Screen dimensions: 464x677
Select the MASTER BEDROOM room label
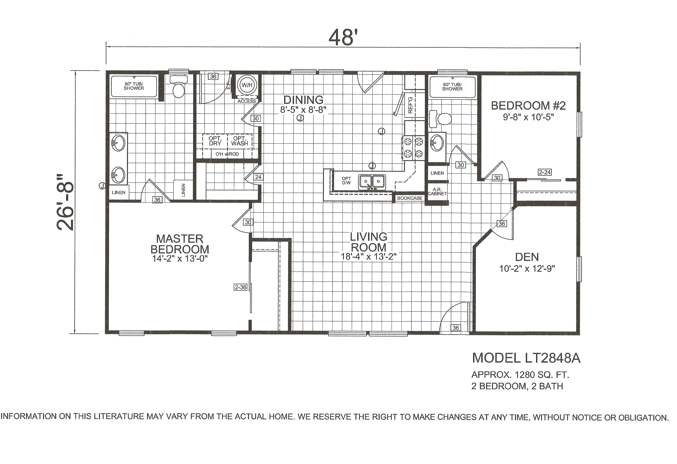180,244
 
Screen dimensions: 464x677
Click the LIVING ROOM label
369,242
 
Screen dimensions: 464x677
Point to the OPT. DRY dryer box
215,141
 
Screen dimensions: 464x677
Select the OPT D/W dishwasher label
346,181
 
